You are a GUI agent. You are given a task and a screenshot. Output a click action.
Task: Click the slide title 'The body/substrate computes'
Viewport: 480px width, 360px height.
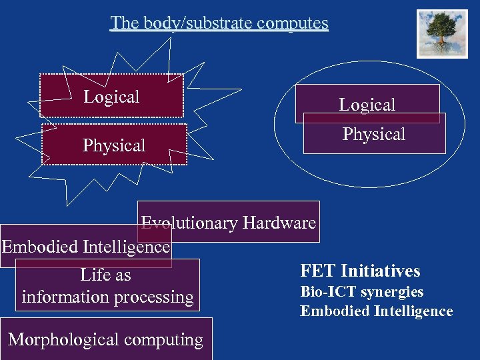(219, 23)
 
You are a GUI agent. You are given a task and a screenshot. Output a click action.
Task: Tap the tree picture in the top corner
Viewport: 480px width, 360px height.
(442, 33)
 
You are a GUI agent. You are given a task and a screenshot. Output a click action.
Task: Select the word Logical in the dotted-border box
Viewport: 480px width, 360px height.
(111, 97)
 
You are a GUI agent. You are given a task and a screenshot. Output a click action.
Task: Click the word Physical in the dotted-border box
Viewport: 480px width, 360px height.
(114, 145)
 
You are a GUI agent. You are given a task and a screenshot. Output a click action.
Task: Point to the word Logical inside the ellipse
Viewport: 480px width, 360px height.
(367, 105)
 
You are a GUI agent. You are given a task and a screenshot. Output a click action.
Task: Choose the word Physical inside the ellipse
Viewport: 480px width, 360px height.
(373, 134)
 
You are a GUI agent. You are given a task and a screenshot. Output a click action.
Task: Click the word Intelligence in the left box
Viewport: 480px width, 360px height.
(127, 247)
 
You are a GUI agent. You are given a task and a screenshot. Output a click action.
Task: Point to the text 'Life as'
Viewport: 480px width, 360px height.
(105, 275)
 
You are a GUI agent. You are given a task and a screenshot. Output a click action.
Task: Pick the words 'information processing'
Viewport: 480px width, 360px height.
(107, 297)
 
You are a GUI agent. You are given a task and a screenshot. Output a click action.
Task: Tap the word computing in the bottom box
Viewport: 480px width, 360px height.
(163, 339)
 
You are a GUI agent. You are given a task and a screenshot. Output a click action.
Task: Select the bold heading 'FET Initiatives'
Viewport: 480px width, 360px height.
(360, 271)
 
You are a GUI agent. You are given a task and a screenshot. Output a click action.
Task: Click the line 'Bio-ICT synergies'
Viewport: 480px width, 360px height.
(361, 292)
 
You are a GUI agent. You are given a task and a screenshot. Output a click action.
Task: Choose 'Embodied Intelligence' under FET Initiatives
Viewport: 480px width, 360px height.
(376, 311)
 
